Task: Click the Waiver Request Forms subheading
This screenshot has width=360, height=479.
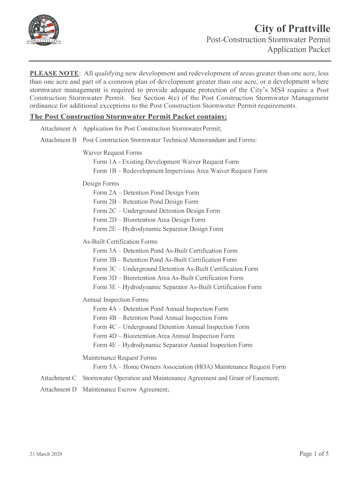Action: click(x=112, y=152)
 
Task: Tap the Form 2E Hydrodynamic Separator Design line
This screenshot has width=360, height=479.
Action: click(x=158, y=229)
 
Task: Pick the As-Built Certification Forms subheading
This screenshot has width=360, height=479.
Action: click(x=120, y=242)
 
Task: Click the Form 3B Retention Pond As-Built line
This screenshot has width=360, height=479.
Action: click(x=165, y=260)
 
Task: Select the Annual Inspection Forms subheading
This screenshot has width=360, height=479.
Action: click(x=115, y=300)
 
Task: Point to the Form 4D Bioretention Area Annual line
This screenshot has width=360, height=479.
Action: click(x=164, y=336)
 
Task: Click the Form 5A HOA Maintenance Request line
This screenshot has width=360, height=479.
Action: click(x=189, y=367)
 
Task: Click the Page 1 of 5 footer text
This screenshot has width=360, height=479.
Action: click(x=314, y=454)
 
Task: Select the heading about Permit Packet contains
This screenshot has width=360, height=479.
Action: click(x=129, y=116)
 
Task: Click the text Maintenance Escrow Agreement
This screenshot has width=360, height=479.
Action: click(x=125, y=389)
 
